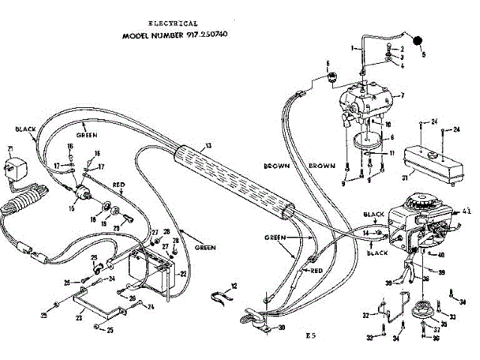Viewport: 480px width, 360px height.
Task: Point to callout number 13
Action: click(x=208, y=145)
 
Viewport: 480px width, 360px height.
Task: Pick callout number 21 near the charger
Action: click(x=10, y=148)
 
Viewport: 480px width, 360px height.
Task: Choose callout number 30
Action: click(x=281, y=328)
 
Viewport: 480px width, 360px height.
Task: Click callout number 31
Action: click(x=403, y=177)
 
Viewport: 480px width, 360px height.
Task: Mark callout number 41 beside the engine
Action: click(x=466, y=214)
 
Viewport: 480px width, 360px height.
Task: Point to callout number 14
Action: click(x=366, y=234)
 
